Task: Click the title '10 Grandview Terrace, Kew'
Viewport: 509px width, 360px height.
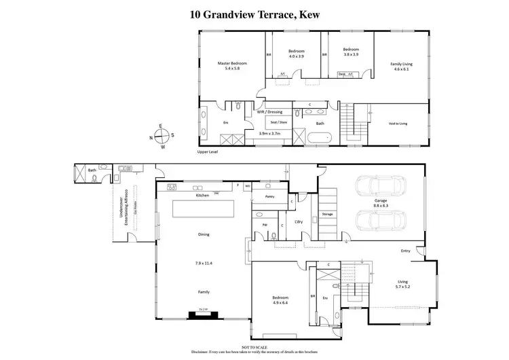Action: (254, 12)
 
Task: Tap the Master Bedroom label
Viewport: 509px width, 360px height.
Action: (232, 67)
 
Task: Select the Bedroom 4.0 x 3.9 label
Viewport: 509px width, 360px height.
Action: (296, 54)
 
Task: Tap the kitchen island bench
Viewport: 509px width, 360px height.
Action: (202, 209)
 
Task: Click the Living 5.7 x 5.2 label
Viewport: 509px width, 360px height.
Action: (403, 284)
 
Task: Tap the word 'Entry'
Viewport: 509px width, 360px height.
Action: (405, 251)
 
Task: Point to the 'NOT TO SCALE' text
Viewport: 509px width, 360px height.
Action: (254, 346)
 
